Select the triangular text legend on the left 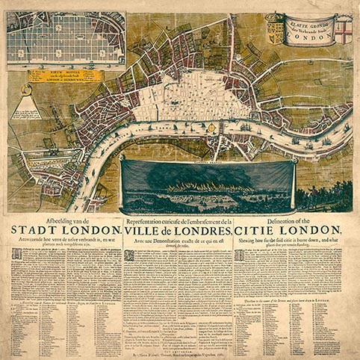(x=25, y=105)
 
